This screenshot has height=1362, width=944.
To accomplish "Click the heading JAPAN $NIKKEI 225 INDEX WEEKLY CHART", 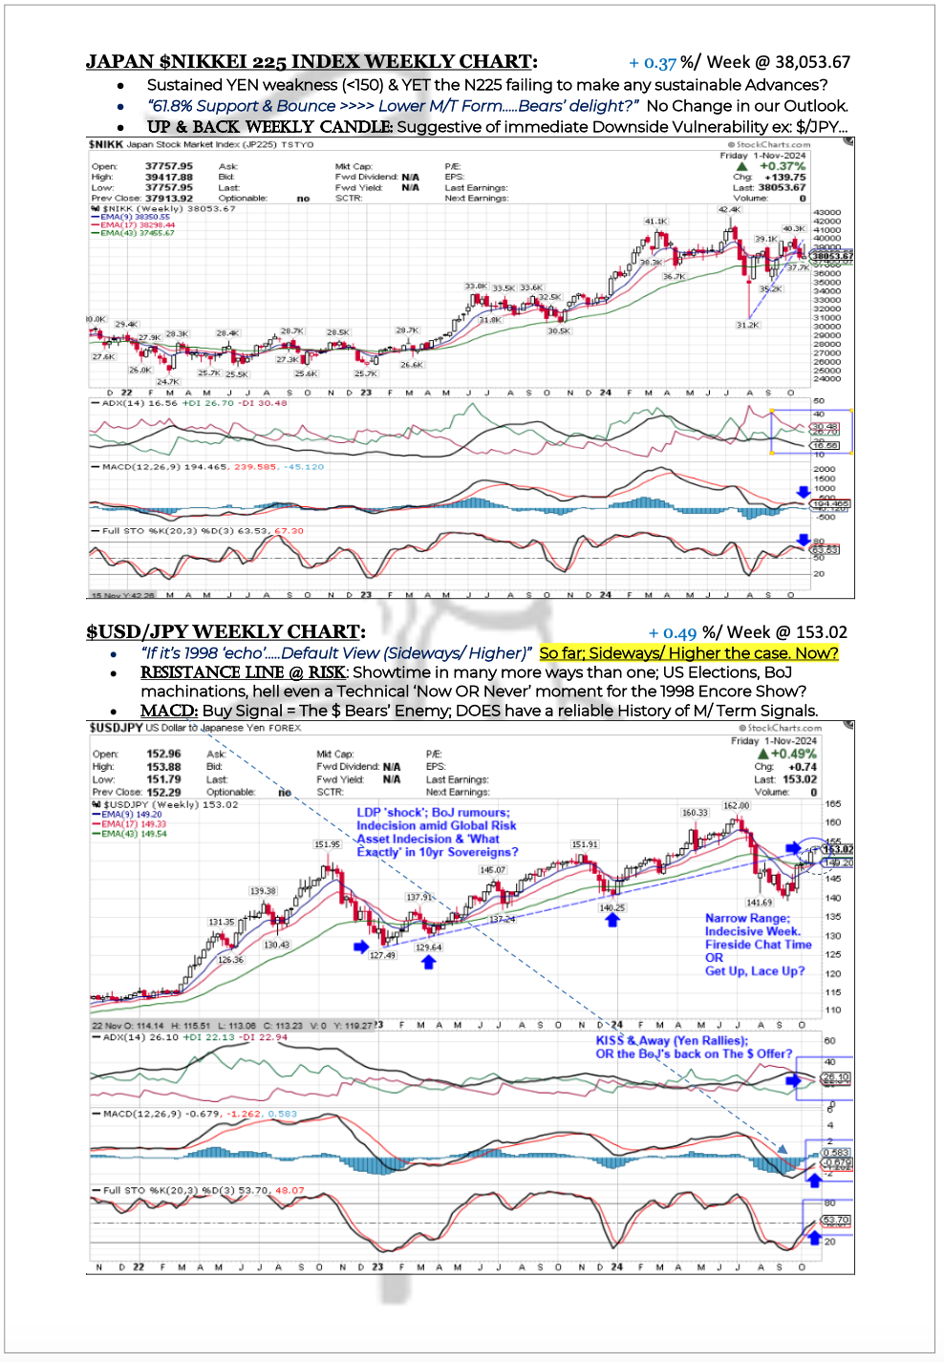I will point(311,62).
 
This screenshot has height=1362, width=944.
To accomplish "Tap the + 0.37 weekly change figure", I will point(652,63).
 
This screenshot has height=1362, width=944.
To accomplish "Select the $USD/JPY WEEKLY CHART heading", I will point(225,632).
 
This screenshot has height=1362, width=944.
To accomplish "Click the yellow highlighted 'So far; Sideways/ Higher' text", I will point(688,653).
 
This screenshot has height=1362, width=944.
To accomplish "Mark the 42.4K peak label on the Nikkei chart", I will point(729,210).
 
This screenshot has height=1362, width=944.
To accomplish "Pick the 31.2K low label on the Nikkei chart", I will point(747,325).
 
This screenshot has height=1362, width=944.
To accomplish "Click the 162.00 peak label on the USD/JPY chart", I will point(736,805).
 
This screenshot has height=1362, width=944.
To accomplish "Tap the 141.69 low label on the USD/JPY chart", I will point(760,902).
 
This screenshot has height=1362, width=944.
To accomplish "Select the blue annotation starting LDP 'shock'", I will point(437,832).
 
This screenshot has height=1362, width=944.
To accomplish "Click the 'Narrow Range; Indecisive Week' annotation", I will point(758,945).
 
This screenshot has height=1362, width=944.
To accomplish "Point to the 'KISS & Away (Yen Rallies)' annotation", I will point(694,1047).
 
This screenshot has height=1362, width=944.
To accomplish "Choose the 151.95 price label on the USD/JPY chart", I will point(328,844).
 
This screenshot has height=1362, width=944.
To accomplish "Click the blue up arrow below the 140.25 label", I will point(611,920).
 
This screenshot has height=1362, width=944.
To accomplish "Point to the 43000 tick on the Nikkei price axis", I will point(826,212).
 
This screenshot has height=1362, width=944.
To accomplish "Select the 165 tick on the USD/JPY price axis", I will point(833,804).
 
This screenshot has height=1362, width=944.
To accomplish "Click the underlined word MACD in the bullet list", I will point(168,711).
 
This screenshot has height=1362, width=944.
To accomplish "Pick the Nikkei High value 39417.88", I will point(168,178).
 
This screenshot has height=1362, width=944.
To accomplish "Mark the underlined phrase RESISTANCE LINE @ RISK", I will point(243,672).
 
